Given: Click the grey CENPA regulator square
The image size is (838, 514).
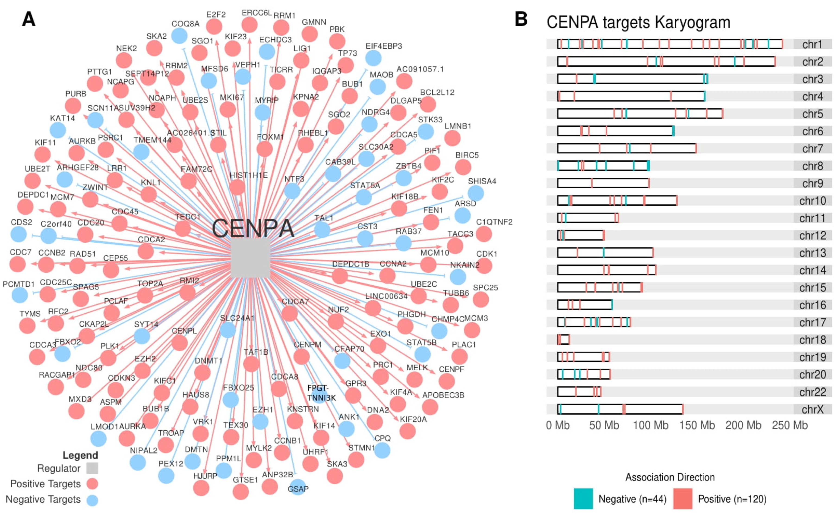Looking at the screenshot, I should click(250, 258).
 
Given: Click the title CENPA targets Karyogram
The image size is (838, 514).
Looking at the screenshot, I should click(638, 22).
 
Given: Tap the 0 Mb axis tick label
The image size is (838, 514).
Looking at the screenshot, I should click(558, 425).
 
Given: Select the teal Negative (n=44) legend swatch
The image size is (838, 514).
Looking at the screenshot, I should click(583, 499).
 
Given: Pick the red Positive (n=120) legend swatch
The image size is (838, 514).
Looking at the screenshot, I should click(683, 499).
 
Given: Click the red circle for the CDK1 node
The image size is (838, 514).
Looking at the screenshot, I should click(484, 266).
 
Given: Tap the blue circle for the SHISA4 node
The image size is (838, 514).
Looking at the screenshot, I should click(475, 193).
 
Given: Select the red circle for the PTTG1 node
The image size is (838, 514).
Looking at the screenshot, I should click(95, 84).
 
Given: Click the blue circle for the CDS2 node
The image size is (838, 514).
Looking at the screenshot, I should click(18, 234).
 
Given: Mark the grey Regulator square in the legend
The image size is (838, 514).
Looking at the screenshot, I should click(92, 468).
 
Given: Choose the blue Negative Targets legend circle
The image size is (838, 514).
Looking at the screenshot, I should click(92, 500).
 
